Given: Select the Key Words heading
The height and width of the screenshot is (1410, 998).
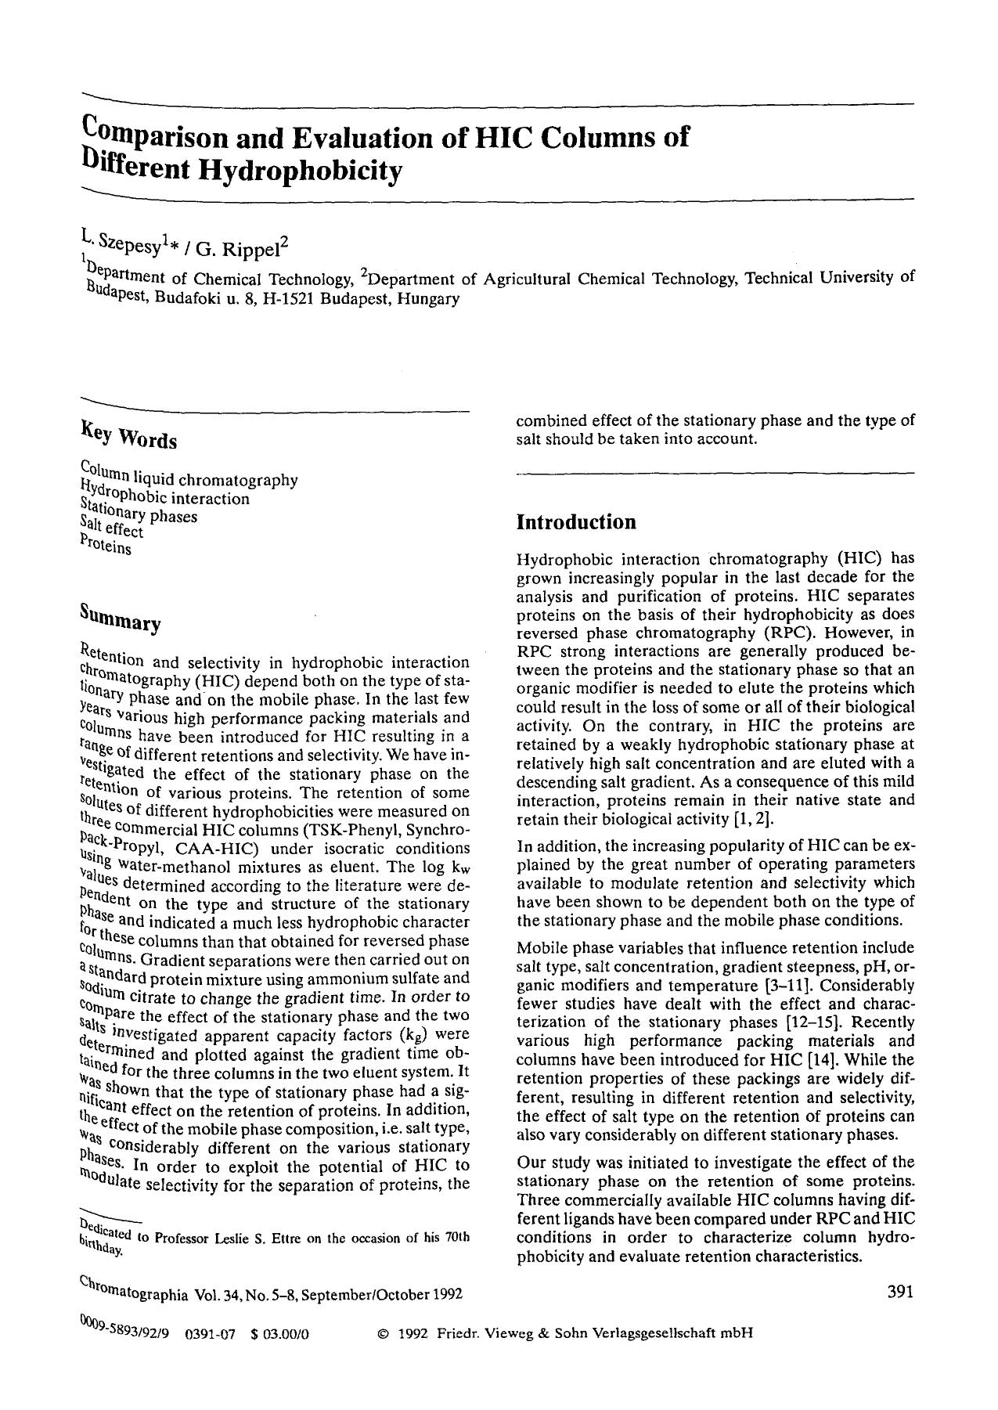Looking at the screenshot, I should pyautogui.click(x=128, y=436).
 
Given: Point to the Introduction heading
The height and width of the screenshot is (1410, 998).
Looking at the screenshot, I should pyautogui.click(x=575, y=522).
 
